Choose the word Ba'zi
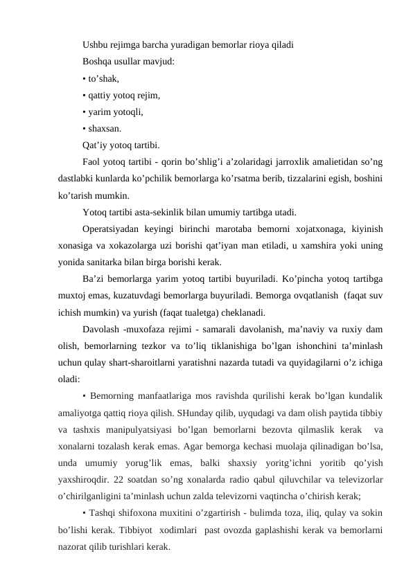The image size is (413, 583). click(x=94, y=279)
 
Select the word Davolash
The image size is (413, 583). click(x=101, y=329)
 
